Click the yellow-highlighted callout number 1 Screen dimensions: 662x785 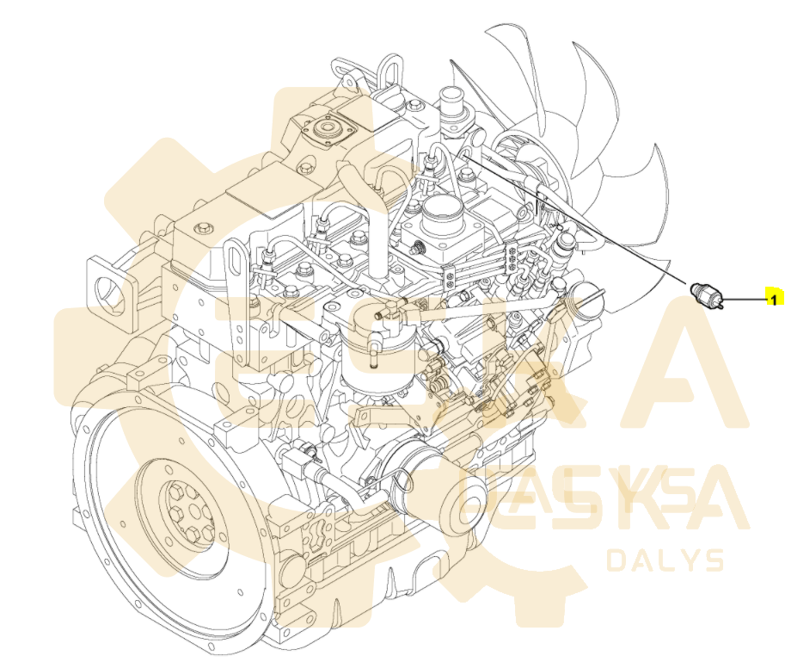772,299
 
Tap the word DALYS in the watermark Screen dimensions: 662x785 665,560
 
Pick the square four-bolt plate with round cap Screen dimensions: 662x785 327,131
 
